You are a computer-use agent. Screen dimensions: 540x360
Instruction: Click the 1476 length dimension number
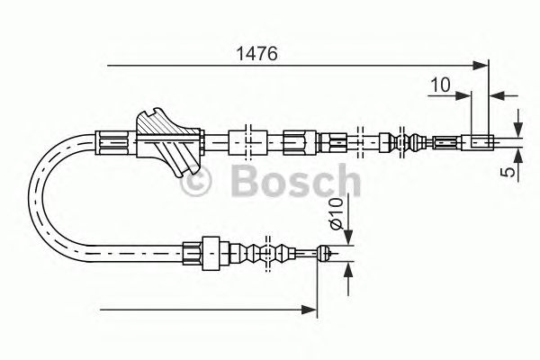click(x=256, y=54)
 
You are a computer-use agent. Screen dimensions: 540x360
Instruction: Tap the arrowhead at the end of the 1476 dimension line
click(x=481, y=66)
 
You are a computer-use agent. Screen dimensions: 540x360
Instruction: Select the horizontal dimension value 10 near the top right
click(x=440, y=85)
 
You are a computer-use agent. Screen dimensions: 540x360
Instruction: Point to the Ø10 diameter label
click(x=336, y=213)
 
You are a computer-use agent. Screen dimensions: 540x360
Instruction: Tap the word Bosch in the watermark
click(x=296, y=180)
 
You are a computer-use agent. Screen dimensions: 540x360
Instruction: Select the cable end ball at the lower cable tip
click(x=324, y=254)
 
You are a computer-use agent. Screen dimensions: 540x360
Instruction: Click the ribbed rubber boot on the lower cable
click(x=263, y=254)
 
